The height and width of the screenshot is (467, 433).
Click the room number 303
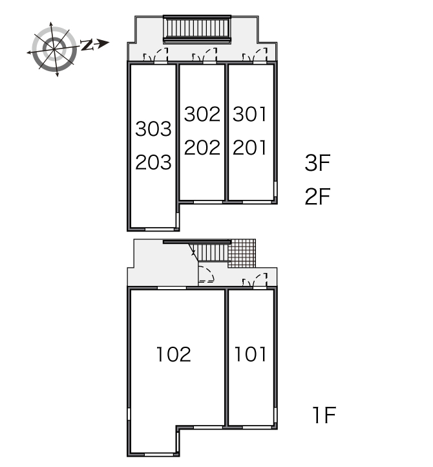click(x=153, y=129)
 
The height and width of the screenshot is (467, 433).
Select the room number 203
click(x=153, y=162)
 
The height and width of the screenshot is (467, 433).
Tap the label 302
click(x=202, y=114)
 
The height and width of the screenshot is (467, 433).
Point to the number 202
click(x=202, y=147)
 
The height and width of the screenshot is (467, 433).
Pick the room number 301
click(x=249, y=114)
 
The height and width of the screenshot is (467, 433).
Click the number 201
click(x=249, y=147)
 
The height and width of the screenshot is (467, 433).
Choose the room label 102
click(x=173, y=354)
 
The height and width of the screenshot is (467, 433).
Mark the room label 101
click(x=250, y=354)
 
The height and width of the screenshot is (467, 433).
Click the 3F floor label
click(x=317, y=163)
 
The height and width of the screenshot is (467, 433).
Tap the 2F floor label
click(x=317, y=197)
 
